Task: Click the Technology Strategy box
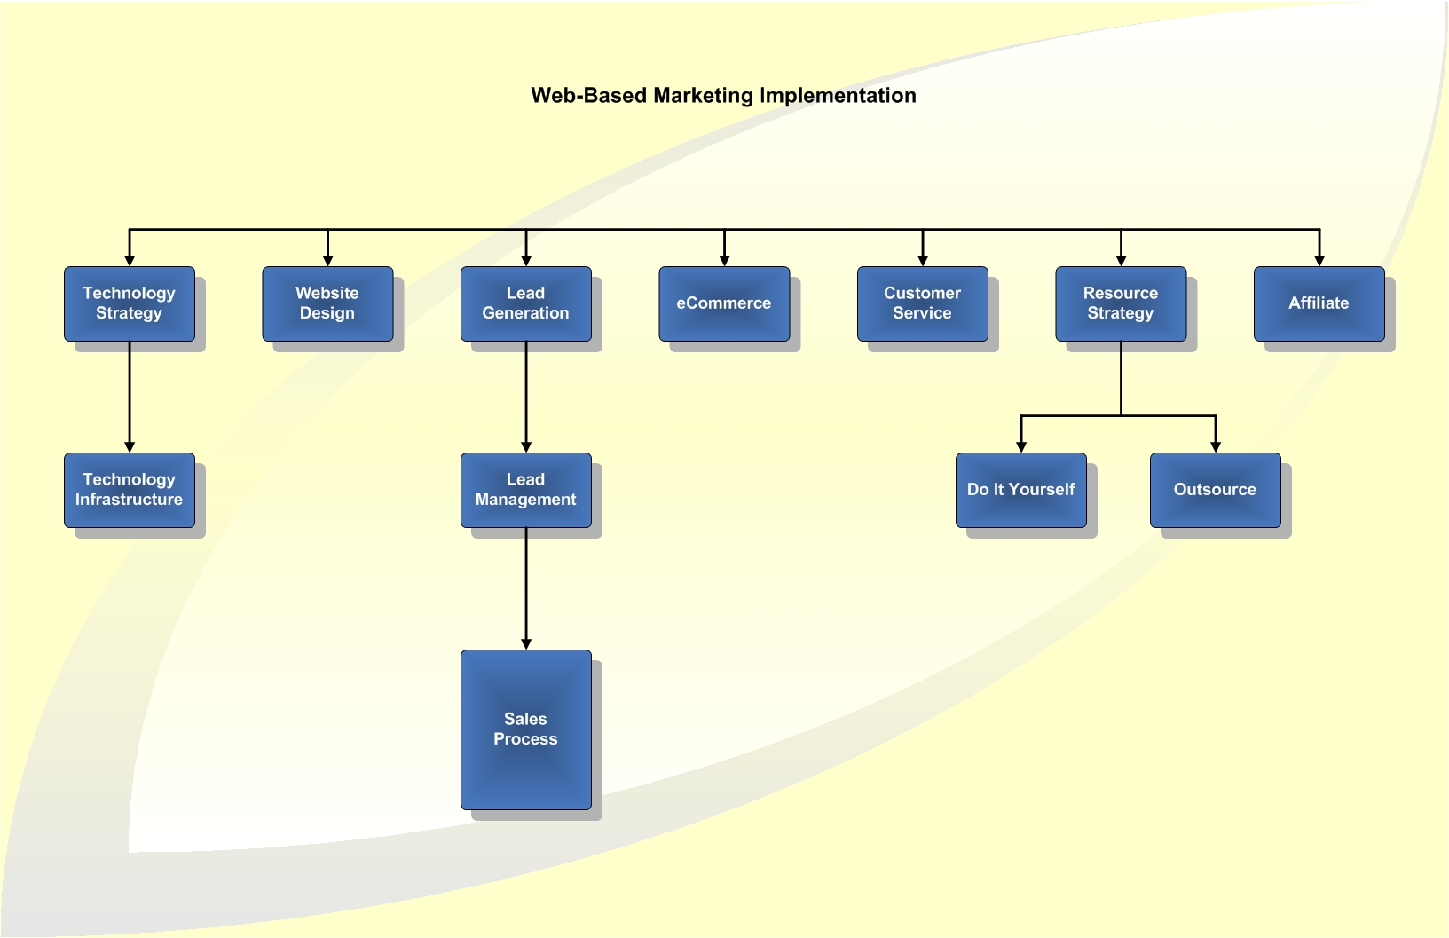tap(130, 303)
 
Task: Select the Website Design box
tap(327, 303)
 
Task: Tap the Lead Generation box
tap(526, 303)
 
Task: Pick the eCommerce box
tap(724, 303)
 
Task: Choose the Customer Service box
tap(923, 303)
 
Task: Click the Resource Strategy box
tap(1121, 303)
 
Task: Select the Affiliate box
tap(1319, 303)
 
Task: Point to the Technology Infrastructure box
tap(130, 490)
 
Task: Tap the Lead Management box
tap(526, 490)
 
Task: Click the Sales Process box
tap(526, 729)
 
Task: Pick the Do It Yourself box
tap(1021, 490)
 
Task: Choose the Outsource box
tap(1216, 490)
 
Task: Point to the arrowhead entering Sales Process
tap(526, 644)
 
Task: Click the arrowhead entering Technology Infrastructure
tap(130, 447)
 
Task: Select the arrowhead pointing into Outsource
tap(1216, 447)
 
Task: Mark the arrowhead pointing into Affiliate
tap(1319, 261)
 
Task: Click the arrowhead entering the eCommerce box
tap(724, 261)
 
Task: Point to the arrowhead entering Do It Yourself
tap(1021, 447)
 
